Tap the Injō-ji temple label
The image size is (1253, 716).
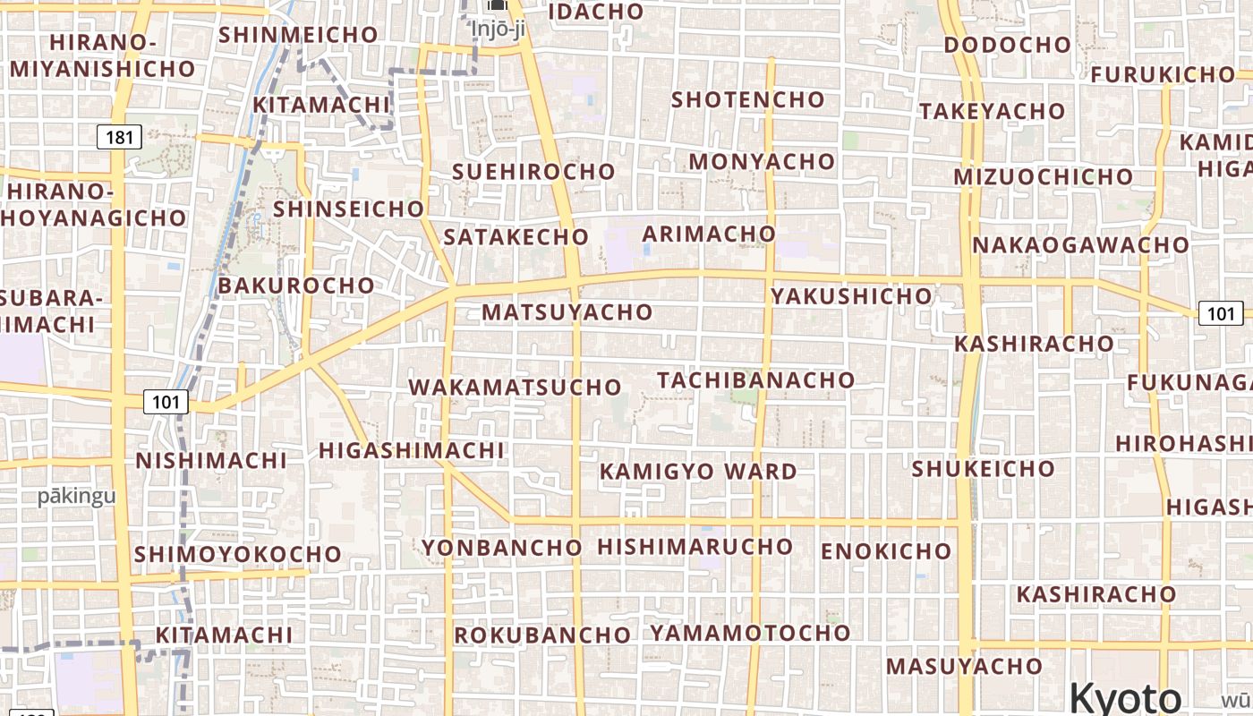497,29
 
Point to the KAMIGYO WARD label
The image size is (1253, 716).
698,472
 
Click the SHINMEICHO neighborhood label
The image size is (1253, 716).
298,35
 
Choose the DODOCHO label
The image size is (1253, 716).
1007,45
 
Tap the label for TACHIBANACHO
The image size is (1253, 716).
756,379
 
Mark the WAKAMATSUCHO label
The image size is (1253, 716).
515,388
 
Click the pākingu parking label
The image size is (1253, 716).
76,497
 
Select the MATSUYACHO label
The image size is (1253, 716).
567,312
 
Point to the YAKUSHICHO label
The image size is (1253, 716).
852,295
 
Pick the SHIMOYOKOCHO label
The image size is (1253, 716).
237,554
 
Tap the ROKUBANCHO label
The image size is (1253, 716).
542,635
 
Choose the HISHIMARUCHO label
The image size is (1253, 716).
695,546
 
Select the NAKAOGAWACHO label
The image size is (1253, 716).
1080,245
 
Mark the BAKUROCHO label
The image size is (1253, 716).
296,286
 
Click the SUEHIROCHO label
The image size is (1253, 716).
533,172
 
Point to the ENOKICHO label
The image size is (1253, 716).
886,551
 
